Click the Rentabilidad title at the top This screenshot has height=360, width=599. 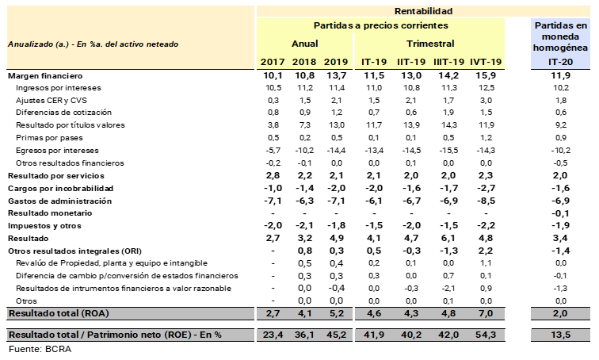[x=423, y=11]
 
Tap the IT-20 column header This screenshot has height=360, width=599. [x=559, y=61]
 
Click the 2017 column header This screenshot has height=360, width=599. [x=273, y=61]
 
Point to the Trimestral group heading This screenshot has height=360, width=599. [x=430, y=43]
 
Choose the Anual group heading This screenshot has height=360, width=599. [x=304, y=43]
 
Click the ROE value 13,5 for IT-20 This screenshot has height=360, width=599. [x=559, y=335]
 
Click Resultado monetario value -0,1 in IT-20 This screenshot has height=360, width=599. [x=559, y=213]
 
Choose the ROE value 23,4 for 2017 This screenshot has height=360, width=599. [x=273, y=335]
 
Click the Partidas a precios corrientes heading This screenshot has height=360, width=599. [x=380, y=25]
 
